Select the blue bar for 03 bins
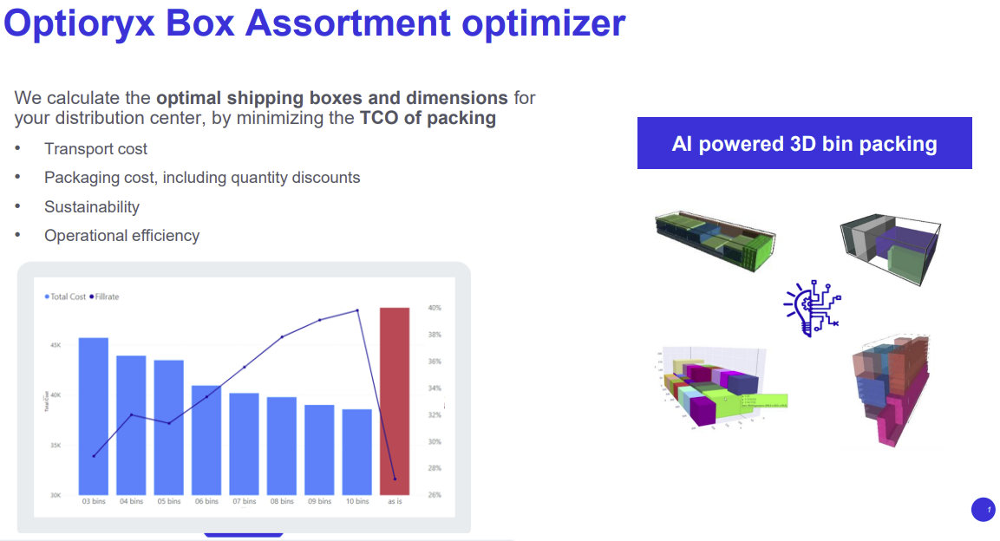tap(94, 416)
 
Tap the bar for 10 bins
tap(356, 452)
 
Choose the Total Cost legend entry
tap(66, 297)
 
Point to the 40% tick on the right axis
tap(435, 308)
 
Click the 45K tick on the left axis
tap(56, 345)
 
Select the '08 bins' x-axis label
tap(282, 501)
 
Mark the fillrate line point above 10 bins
tap(356, 310)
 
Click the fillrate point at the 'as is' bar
tap(395, 479)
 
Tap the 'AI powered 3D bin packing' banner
tap(804, 143)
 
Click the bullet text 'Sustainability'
tap(92, 206)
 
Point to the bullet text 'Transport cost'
tap(95, 149)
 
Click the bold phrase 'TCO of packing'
tap(428, 118)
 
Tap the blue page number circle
tap(983, 510)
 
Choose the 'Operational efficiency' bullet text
tap(121, 235)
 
